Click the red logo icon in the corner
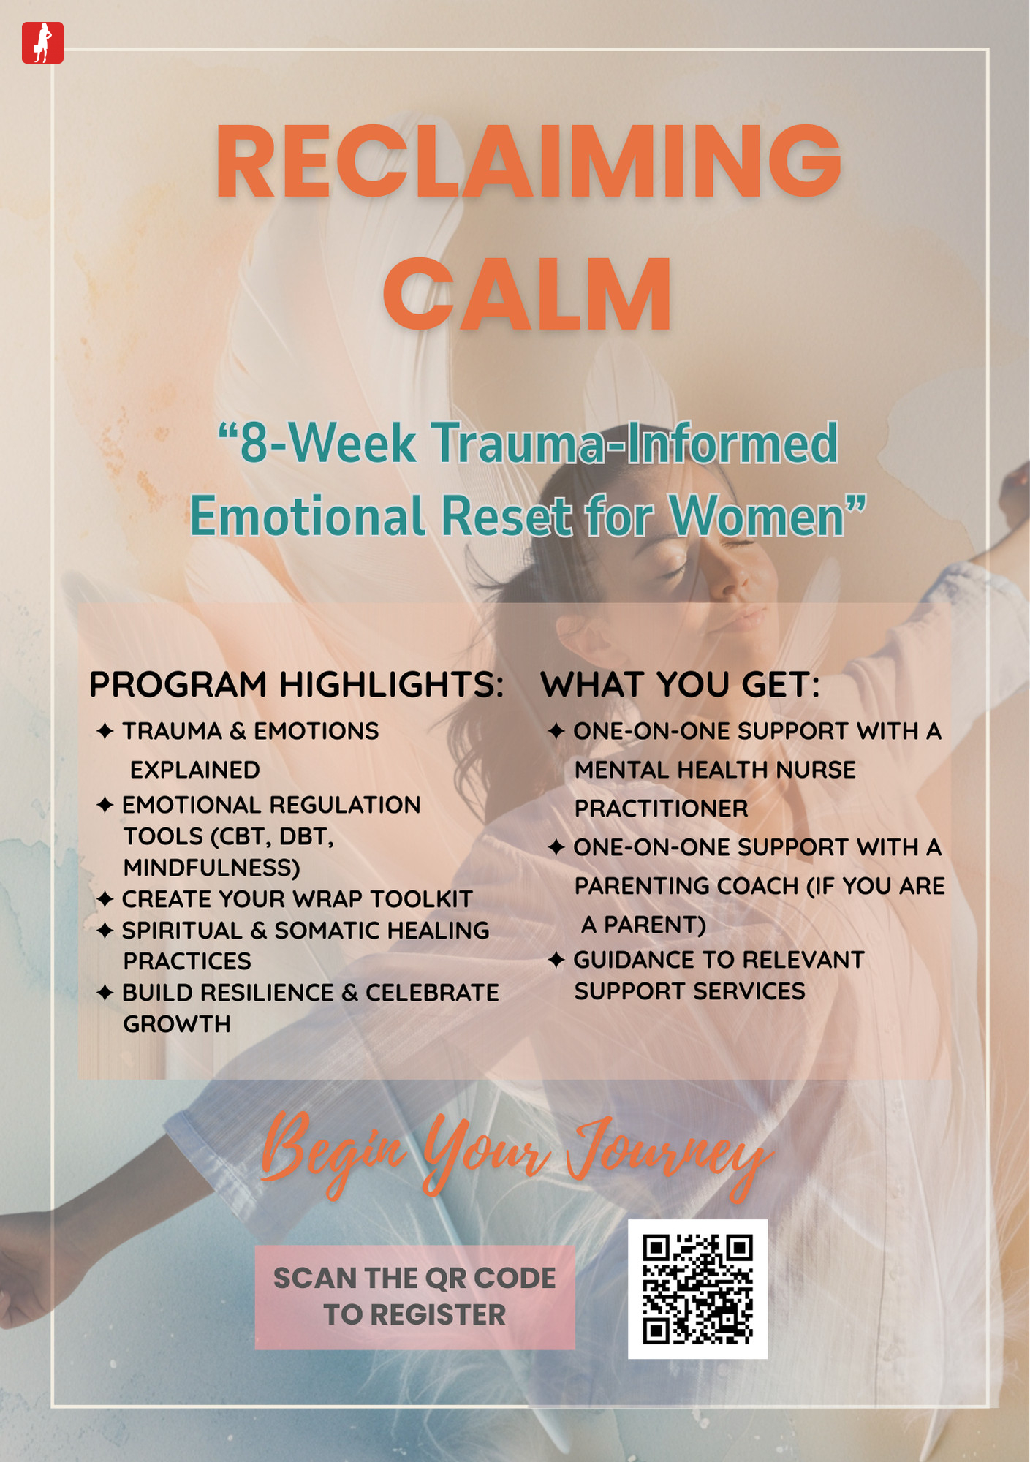click(x=42, y=42)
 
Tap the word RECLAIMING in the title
click(x=529, y=162)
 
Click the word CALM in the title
click(x=527, y=294)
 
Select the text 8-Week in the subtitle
click(x=328, y=443)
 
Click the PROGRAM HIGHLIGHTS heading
click(x=297, y=685)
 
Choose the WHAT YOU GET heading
click(x=680, y=685)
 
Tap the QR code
click(x=697, y=1289)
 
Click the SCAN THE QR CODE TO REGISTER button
click(x=414, y=1297)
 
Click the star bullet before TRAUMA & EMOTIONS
click(x=105, y=731)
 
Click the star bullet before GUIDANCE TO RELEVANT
click(x=556, y=960)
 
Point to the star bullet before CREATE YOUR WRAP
click(x=105, y=899)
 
